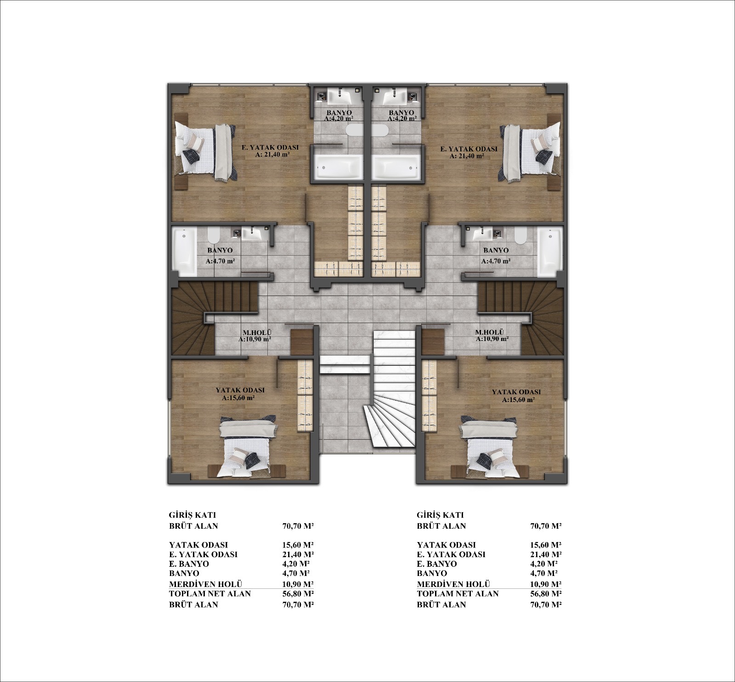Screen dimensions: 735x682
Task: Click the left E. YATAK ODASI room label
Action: (271, 148)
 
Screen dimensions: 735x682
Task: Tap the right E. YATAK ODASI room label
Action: (469, 149)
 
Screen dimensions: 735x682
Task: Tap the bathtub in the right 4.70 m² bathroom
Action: (549, 252)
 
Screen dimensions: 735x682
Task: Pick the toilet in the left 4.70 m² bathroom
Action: (214, 236)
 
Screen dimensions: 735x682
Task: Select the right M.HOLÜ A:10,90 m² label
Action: (492, 335)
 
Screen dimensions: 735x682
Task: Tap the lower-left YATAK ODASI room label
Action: (240, 390)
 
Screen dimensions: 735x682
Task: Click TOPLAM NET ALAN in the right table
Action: (458, 593)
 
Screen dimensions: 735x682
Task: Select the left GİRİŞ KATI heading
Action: (192, 515)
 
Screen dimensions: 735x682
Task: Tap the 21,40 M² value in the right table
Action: (546, 554)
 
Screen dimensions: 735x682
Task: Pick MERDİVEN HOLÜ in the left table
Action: (206, 584)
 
